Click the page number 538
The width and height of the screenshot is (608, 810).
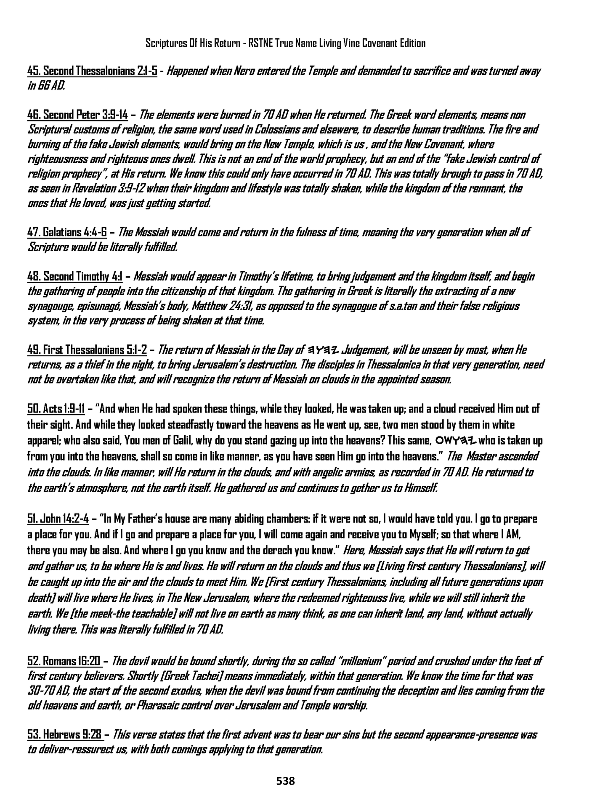[x=286, y=781]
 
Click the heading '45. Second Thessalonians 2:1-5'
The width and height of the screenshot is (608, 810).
[x=92, y=71]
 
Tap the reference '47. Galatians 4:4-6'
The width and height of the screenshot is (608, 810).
[x=67, y=232]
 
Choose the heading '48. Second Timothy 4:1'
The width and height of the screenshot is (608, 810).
[x=75, y=277]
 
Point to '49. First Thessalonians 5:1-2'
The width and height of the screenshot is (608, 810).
[x=87, y=350]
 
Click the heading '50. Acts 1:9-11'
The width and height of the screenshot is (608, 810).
[x=56, y=409]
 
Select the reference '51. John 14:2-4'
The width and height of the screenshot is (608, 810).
[x=58, y=519]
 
